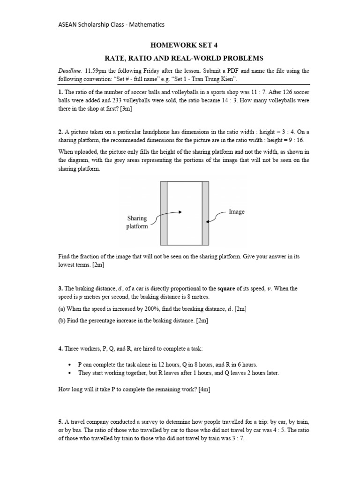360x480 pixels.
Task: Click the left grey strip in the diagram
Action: [x=164, y=213]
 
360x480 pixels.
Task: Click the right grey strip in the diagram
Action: [x=205, y=213]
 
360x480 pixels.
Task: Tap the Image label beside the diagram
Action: [x=237, y=211]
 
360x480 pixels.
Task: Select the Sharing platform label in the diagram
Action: [x=137, y=222]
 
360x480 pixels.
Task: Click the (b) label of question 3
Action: [x=63, y=321]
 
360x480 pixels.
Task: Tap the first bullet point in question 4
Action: [x=69, y=364]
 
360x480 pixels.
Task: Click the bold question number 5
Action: [x=60, y=422]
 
